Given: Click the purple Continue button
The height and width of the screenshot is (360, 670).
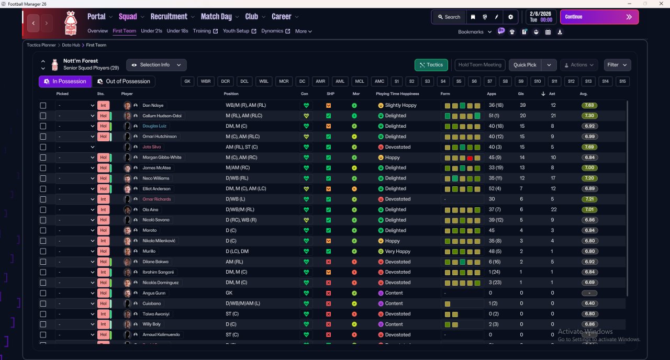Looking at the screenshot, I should [599, 17].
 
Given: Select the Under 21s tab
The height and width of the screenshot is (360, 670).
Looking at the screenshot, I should [151, 31].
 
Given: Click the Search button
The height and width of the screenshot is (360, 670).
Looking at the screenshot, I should [449, 17].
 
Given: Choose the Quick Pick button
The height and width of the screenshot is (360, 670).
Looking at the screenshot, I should [525, 65].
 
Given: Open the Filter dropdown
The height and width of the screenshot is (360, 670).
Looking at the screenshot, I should [617, 65].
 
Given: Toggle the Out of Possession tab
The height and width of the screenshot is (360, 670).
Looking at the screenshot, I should [124, 81].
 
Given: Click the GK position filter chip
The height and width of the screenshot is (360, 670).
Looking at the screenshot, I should [187, 81].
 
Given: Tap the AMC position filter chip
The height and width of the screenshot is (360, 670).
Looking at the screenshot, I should [379, 81].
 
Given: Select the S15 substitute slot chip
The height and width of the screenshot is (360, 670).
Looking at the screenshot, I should [622, 81].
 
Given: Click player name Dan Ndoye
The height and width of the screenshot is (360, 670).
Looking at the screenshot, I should [153, 105].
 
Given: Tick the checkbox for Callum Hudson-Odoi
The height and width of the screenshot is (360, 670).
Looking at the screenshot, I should [43, 116].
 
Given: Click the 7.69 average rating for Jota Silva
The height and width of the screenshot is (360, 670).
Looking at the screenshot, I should [589, 147].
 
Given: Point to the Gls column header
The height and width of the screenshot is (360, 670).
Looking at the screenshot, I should [521, 94].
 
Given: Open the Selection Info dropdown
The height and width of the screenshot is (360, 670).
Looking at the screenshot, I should [157, 65].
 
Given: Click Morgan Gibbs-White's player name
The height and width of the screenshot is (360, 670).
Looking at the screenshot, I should [162, 157].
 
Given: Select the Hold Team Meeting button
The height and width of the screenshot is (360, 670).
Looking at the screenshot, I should [479, 65].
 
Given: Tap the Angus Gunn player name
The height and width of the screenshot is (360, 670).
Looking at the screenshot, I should [154, 293].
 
